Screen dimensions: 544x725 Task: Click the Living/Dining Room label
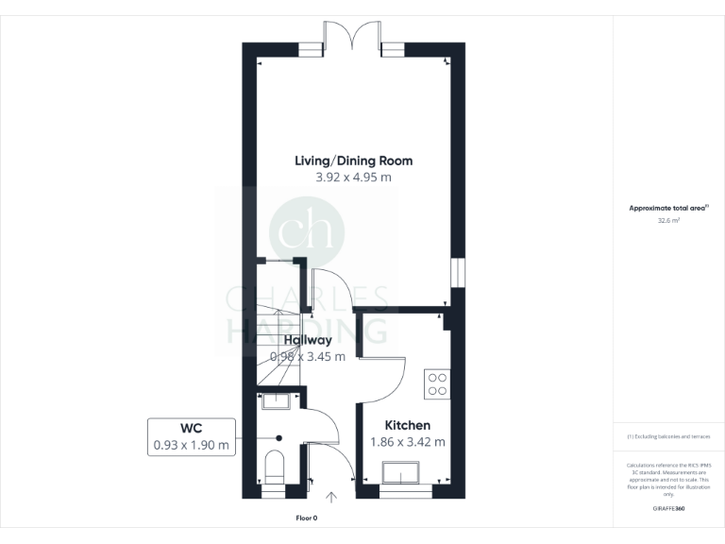pos(352,161)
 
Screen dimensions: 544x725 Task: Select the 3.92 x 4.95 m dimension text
pos(352,178)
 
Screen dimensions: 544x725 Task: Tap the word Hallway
pos(308,340)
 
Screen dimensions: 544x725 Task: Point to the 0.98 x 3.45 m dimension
pos(308,357)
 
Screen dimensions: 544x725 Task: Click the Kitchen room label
pos(408,426)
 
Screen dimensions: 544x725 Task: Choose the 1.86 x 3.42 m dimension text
pos(408,442)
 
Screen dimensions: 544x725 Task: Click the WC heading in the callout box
pos(193,428)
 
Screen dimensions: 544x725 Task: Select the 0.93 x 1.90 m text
pos(193,445)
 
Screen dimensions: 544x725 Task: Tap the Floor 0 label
pos(307,518)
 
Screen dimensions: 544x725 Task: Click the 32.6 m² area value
pos(668,220)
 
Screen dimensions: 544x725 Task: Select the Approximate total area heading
pos(668,208)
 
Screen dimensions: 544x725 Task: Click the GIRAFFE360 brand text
pos(668,509)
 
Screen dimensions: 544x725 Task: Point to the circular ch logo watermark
pos(307,230)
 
